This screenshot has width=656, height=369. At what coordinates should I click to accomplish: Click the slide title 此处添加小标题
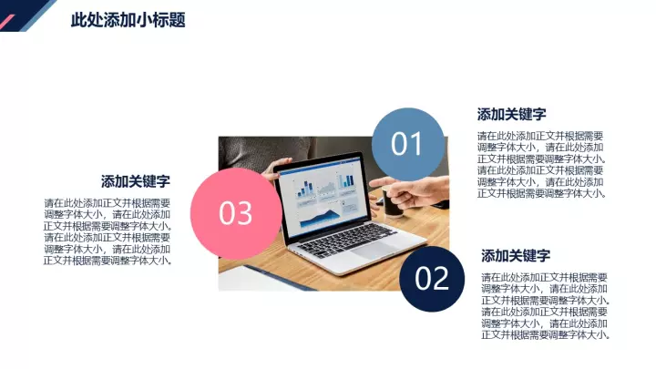point(128,20)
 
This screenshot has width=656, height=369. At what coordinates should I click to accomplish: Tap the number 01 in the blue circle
point(406,144)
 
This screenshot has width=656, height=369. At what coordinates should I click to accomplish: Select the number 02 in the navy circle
point(432,279)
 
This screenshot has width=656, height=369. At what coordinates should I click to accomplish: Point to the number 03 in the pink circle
point(236,213)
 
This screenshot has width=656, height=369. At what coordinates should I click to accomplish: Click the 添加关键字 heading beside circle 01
point(512,114)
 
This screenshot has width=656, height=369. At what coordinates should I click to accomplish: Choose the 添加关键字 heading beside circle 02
point(516,255)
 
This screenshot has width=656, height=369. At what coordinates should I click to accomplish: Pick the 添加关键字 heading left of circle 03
point(136,181)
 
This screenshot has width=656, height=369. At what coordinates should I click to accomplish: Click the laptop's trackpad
point(374,251)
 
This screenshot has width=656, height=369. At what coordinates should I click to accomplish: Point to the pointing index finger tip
point(372,183)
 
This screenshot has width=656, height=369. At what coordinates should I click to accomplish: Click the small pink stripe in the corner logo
point(7,23)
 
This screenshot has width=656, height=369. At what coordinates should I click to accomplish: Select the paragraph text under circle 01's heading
point(541,164)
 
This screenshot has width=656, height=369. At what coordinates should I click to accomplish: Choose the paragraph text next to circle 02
point(546,306)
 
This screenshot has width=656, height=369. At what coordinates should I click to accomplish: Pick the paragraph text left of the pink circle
point(108,231)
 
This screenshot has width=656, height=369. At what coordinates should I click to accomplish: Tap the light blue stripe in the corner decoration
point(38,15)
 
